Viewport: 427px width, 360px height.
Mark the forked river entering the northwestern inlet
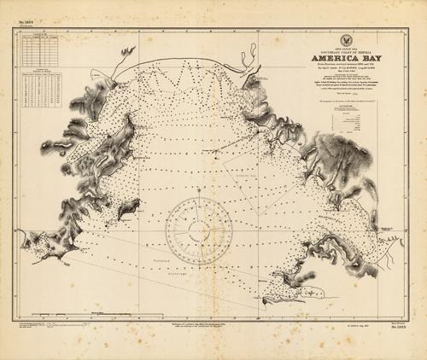(x=125, y=58)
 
